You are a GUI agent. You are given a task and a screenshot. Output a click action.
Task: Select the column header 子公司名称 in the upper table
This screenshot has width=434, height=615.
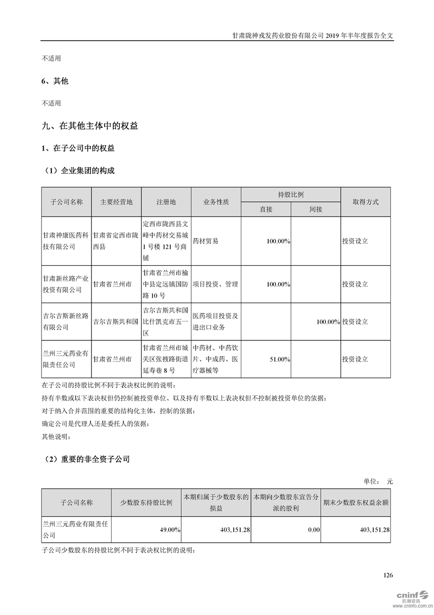[66, 202]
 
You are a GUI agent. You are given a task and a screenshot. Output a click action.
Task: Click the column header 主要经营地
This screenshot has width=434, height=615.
[116, 202]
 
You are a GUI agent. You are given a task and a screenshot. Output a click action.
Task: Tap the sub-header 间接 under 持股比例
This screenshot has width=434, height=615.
[316, 209]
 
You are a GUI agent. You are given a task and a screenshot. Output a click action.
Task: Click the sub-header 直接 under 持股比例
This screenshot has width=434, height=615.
[266, 209]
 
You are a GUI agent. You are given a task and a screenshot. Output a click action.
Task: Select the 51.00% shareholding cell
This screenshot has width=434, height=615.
[280, 359]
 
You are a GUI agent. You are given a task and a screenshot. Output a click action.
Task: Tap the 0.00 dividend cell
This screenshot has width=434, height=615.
[313, 530]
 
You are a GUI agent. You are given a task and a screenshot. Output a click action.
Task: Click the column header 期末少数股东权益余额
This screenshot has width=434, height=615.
[356, 502]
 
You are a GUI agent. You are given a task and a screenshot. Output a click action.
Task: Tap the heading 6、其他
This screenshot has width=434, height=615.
[55, 81]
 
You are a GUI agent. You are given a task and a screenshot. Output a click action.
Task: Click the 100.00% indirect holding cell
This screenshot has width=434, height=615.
[328, 322]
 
